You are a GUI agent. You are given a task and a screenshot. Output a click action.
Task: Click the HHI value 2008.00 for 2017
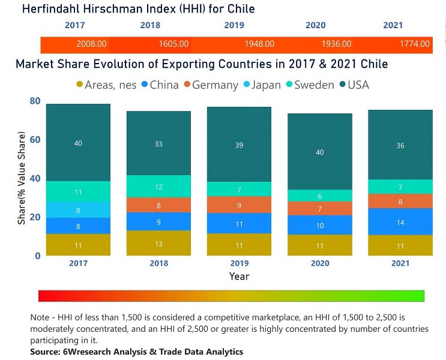(x=91, y=44)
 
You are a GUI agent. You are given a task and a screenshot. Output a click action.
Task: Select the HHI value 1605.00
(x=173, y=44)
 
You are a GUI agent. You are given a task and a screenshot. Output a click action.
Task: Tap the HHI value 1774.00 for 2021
(x=415, y=44)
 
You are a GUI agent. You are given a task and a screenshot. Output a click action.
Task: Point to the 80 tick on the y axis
(x=35, y=101)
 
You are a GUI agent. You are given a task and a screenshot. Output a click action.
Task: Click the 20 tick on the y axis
(x=35, y=217)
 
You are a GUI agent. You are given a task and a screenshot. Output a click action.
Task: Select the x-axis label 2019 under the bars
(x=239, y=263)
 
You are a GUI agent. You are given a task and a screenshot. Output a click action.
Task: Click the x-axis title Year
(x=239, y=276)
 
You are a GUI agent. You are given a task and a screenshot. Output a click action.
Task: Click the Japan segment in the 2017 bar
(x=78, y=210)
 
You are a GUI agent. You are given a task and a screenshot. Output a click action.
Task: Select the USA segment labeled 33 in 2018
(x=158, y=143)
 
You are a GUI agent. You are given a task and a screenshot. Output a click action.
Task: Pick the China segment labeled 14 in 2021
(x=400, y=222)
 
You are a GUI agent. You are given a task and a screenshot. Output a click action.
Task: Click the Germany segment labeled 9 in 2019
(x=239, y=205)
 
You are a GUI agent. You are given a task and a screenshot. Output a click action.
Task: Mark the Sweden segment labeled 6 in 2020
(x=319, y=196)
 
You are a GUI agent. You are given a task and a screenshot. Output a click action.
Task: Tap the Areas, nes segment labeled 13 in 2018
(x=158, y=243)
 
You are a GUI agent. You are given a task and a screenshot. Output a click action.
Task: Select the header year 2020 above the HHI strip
(x=315, y=25)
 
